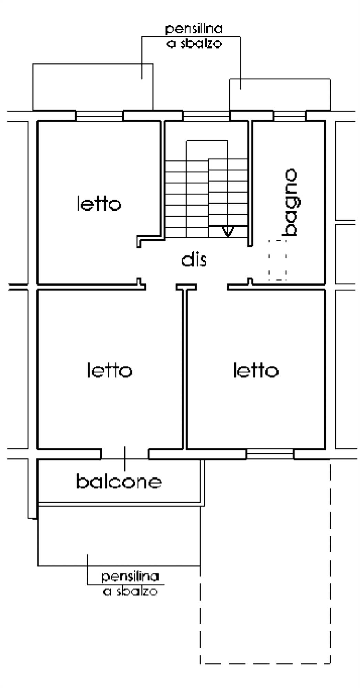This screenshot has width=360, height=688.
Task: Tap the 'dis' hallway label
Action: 194,259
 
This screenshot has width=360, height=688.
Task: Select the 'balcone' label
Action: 119,481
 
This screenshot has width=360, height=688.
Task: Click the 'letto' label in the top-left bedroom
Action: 99,204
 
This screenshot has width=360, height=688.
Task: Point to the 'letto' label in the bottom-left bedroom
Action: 109,370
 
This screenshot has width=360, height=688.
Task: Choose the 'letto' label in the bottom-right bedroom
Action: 256,370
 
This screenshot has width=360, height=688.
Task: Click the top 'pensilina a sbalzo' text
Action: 194,36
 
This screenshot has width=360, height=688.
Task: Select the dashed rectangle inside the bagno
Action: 277,260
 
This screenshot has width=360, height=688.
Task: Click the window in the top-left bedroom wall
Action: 99,116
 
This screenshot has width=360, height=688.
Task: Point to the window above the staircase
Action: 206,116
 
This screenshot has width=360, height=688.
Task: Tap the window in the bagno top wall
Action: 290,116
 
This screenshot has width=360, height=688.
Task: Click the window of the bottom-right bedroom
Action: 270,454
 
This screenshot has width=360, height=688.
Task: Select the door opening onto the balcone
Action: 125,454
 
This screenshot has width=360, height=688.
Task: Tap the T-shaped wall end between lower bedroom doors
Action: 186,287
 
